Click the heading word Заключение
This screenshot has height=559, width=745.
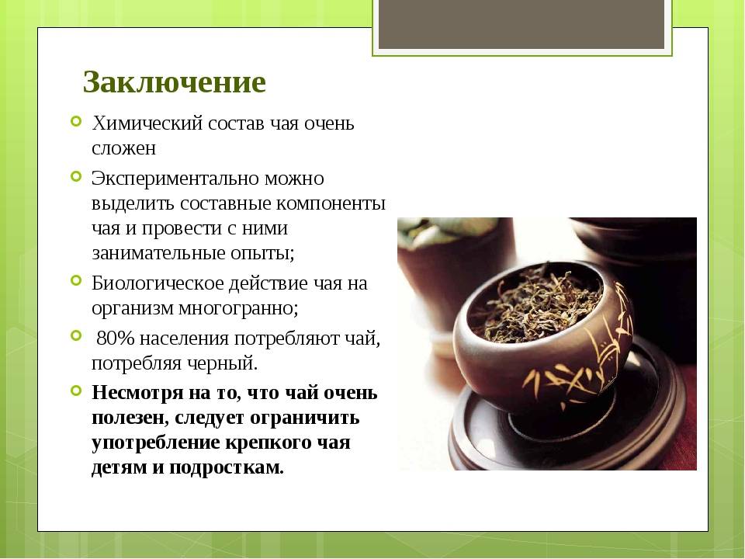[x=174, y=82]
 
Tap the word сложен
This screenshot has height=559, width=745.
[x=123, y=148]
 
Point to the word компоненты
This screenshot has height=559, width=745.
[x=331, y=204]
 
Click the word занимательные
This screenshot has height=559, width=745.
[x=158, y=252]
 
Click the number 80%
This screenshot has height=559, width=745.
[x=116, y=339]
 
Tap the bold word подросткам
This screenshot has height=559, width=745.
[x=226, y=468]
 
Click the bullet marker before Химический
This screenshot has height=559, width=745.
[x=76, y=121]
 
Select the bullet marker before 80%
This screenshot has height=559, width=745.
[x=76, y=335]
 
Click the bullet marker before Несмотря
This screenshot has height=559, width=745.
[x=76, y=391]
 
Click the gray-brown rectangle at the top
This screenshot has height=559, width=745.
[x=521, y=24]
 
